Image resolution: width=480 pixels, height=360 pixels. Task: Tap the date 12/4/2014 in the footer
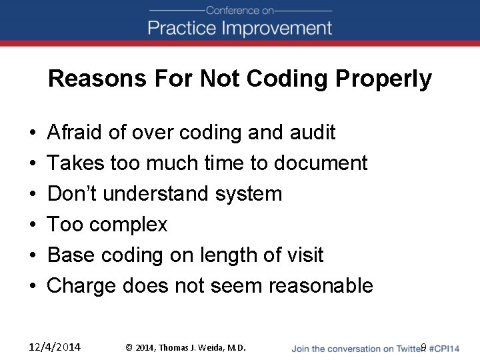coord(55,347)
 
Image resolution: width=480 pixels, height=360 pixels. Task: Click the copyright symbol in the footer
coord(129,347)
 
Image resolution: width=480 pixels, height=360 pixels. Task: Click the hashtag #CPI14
coord(445,347)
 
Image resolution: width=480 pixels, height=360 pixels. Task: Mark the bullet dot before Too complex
coord(33,225)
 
